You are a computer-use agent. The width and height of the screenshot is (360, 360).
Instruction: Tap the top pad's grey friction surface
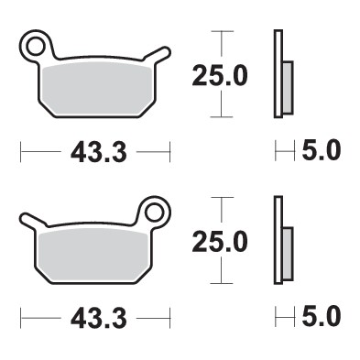click(x=96, y=84)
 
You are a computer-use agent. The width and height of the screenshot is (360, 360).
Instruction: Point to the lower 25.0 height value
click(x=219, y=242)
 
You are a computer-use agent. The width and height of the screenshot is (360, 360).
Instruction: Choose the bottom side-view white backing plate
click(x=276, y=241)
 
